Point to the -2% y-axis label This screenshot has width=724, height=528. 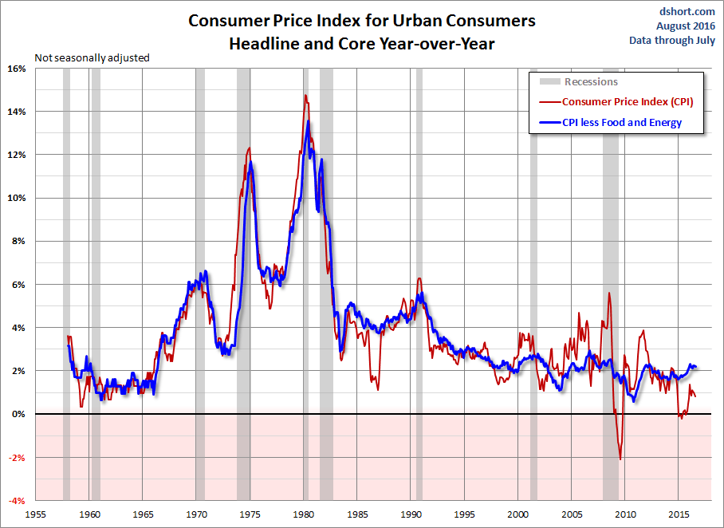pyautogui.click(x=16, y=457)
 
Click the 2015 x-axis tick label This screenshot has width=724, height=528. pyautogui.click(x=679, y=514)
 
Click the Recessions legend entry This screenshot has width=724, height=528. pyautogui.click(x=591, y=81)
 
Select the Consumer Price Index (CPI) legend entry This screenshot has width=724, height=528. pyautogui.click(x=628, y=101)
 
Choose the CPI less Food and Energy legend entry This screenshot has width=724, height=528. pyautogui.click(x=622, y=123)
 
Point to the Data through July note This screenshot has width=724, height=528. pyautogui.click(x=673, y=40)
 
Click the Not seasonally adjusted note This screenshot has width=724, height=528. pyautogui.click(x=92, y=57)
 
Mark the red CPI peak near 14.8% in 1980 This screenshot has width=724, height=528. pyautogui.click(x=305, y=95)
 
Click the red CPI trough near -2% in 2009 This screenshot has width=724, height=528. pyautogui.click(x=620, y=459)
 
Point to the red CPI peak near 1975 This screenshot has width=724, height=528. pyautogui.click(x=250, y=148)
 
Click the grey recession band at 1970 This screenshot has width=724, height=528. pyautogui.click(x=200, y=239)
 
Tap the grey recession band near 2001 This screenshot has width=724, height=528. pyautogui.click(x=533, y=239)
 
